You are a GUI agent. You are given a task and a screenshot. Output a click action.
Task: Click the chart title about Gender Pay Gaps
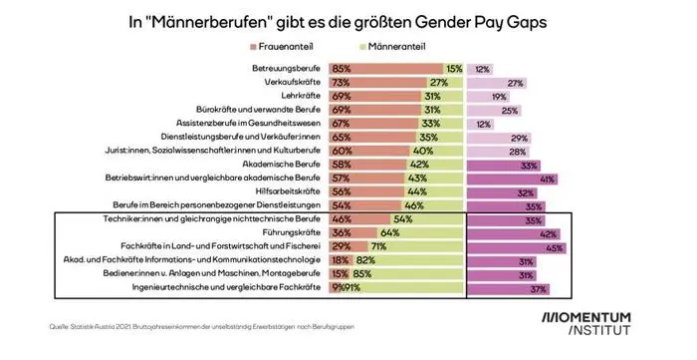click(x=348, y=19)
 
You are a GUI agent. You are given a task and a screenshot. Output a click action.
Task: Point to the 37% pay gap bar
click(x=523, y=288)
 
